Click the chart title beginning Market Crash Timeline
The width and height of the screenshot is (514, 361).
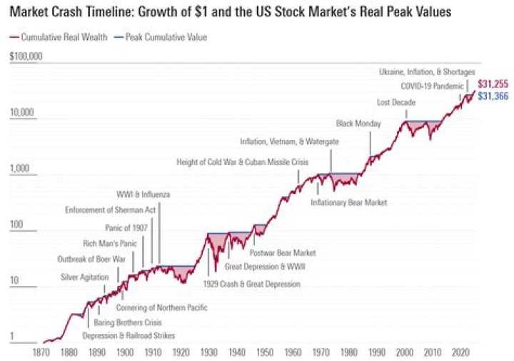coord(236,13)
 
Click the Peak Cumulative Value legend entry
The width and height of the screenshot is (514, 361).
coord(165,36)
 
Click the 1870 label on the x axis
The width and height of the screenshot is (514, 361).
coord(41,352)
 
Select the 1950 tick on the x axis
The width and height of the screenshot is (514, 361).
coord(265,352)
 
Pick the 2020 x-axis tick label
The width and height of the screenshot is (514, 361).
coord(460,352)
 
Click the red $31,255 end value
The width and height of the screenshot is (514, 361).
coord(493,83)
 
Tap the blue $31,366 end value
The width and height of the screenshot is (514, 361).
coord(493,96)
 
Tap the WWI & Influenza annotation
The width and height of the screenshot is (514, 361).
coord(143,194)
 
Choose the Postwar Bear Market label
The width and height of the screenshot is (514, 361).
coord(283,252)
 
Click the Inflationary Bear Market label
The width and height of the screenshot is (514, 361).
coord(348,203)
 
